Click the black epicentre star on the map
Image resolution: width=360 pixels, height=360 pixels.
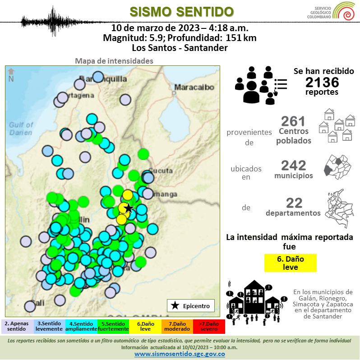(129, 208)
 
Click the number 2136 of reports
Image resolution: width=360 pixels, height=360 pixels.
(322, 82)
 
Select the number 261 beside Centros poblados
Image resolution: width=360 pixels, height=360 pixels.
(293, 121)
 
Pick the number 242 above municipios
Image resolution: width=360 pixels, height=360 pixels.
(293, 166)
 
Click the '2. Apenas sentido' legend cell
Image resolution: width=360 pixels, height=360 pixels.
(17, 326)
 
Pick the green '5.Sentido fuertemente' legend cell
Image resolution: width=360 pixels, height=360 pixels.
(113, 326)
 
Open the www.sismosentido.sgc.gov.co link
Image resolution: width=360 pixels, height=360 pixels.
(180, 354)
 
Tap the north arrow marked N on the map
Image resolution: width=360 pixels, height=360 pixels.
(11, 75)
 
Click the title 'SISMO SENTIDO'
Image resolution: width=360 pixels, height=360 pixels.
(181, 11)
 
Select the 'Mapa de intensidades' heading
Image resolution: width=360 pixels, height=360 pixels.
(114, 61)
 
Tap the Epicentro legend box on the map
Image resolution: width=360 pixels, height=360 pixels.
(191, 305)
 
